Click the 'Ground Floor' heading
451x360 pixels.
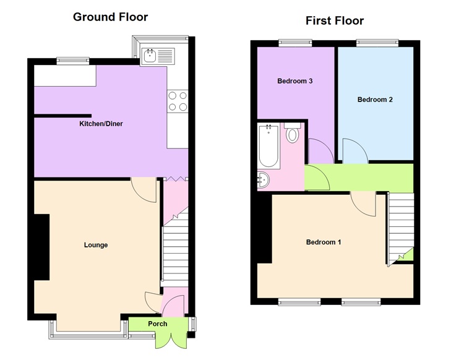click(110, 17)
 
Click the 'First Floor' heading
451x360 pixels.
click(335, 21)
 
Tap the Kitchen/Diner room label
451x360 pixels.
click(101, 124)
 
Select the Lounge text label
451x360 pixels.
click(96, 245)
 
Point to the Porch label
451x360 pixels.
click(158, 324)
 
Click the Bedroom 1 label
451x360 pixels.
click(324, 242)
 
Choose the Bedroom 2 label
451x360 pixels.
click(375, 100)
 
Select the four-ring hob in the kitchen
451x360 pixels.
click(178, 101)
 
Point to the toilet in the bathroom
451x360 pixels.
click(292, 134)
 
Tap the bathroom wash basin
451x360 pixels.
click(263, 180)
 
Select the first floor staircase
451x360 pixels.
click(401, 226)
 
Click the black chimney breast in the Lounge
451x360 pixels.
click(41, 247)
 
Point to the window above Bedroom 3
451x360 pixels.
click(294, 43)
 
